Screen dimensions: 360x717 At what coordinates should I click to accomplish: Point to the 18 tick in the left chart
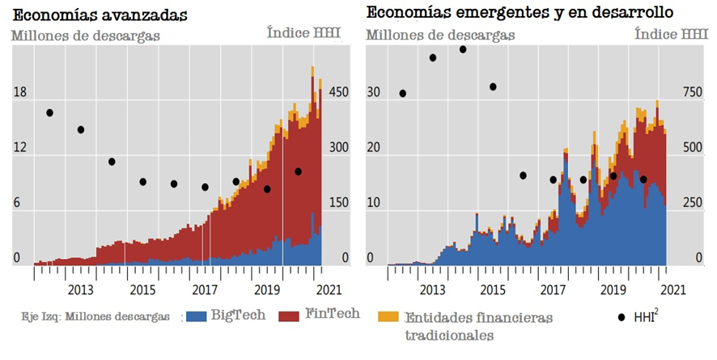[19, 93]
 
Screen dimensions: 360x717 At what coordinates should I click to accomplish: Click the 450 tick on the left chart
[337, 93]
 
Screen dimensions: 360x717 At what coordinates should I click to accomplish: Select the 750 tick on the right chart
[694, 93]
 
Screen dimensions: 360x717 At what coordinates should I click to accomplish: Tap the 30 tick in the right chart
[373, 93]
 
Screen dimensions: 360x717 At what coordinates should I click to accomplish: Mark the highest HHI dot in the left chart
[50, 112]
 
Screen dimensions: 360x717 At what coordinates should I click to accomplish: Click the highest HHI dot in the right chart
[463, 49]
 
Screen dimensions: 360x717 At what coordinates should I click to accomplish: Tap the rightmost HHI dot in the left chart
[298, 172]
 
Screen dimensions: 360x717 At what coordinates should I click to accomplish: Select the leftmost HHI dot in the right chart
[402, 93]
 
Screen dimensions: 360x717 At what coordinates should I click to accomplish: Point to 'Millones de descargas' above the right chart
[440, 35]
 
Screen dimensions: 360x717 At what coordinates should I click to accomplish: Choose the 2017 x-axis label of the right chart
[554, 290]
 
